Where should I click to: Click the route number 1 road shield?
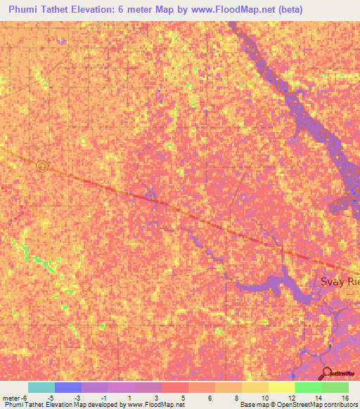point(42,166)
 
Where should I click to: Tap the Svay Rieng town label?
point(340,282)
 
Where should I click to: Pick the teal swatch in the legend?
point(41,387)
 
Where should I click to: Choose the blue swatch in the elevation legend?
point(68,387)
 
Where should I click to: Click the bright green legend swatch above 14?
point(308,387)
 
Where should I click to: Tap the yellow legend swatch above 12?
point(281,387)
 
